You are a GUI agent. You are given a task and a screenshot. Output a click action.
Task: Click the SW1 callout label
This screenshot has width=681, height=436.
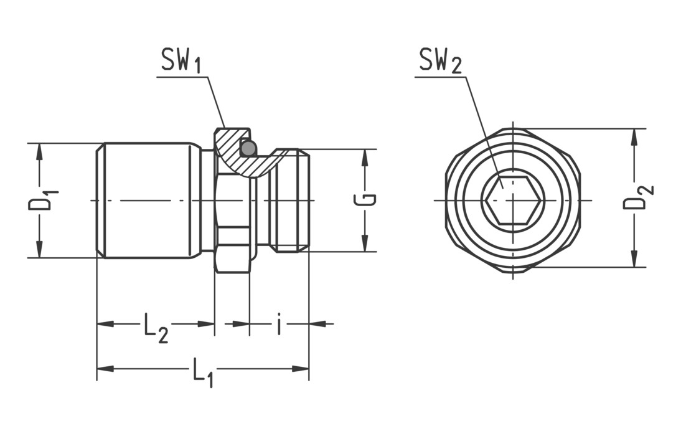pyautogui.click(x=181, y=61)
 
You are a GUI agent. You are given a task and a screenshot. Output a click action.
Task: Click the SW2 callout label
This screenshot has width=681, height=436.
pyautogui.click(x=439, y=61)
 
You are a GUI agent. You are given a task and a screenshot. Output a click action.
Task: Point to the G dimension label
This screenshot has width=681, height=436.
pyautogui.click(x=367, y=200)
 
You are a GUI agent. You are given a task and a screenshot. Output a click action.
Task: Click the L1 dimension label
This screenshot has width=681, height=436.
pyautogui.click(x=203, y=372)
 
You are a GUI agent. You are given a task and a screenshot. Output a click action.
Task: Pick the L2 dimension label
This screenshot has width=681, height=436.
pyautogui.click(x=156, y=326)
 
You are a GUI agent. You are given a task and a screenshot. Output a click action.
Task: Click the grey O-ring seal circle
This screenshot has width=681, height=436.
pyautogui.click(x=248, y=148)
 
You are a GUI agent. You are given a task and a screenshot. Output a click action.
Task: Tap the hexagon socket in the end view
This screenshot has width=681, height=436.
pyautogui.click(x=513, y=200)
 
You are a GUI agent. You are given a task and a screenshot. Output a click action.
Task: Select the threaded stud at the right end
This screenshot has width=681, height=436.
pyautogui.click(x=291, y=200)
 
